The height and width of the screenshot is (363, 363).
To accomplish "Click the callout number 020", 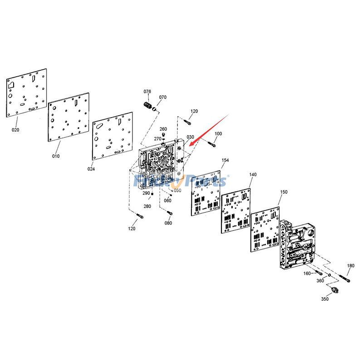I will (x=15, y=130).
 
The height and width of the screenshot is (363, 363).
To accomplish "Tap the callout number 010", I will (x=55, y=157).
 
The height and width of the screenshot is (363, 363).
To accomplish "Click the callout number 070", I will (x=162, y=97).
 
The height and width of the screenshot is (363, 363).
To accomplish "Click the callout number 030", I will (x=190, y=137).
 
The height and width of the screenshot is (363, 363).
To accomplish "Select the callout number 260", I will (x=163, y=129).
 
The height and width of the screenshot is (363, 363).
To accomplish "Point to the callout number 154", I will (x=225, y=161).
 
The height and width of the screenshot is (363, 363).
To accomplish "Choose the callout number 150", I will (x=284, y=192).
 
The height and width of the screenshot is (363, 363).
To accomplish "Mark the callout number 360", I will (x=320, y=281).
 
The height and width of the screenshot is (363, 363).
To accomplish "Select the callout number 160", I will (x=307, y=273).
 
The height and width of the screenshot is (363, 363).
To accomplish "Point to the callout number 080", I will (x=168, y=223).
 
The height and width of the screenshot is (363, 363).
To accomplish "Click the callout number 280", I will (x=147, y=206).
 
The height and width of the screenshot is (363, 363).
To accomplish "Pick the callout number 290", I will (x=146, y=193).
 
